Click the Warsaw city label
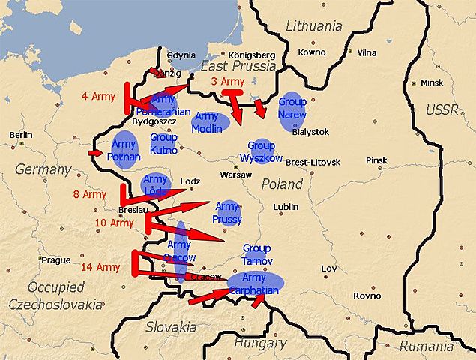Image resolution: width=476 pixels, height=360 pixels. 235,175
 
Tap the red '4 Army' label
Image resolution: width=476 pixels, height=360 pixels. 97,96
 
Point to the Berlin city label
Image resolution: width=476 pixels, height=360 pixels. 22,135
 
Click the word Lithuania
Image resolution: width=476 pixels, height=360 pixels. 314,26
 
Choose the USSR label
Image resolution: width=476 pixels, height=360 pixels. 442,110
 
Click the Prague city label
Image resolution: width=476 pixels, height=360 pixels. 56,260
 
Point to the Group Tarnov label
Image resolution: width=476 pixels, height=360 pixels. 256,253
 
